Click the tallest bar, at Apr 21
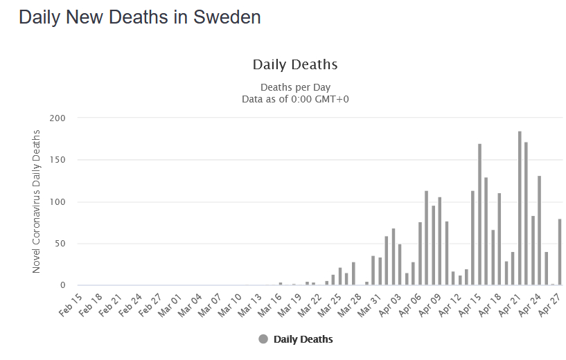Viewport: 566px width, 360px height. point(520,208)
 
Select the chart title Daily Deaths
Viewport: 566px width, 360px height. point(295,65)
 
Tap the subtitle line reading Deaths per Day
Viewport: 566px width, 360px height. point(295,87)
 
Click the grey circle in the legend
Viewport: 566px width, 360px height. point(263,339)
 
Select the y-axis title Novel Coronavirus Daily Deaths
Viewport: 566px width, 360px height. point(36,201)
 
